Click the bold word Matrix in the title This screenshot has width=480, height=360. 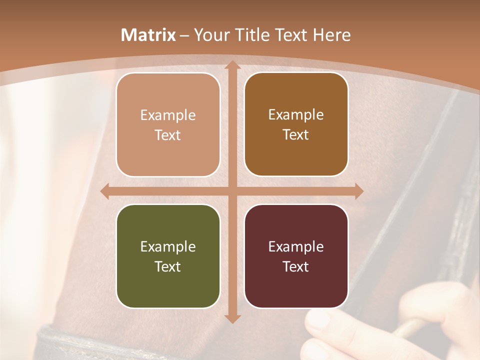(148, 35)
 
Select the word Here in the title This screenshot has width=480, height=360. (332, 35)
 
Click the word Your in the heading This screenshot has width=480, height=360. (209, 35)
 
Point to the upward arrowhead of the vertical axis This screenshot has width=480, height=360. (232, 65)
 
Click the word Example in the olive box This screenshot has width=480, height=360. (167, 247)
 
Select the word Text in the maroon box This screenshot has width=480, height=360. (295, 266)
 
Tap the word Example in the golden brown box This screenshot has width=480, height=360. (295, 115)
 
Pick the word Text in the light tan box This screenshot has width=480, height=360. (167, 135)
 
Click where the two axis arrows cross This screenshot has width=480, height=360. (232, 191)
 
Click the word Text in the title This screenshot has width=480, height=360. (290, 35)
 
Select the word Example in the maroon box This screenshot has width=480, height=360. (295, 247)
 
